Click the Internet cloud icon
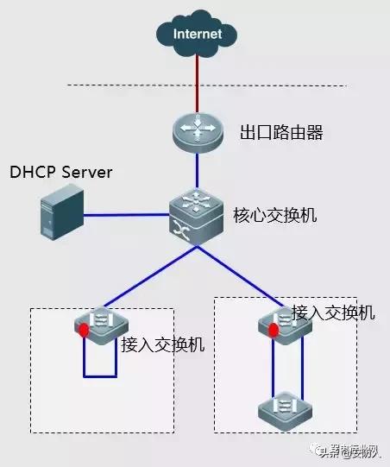(x=198, y=35)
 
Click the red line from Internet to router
(x=198, y=82)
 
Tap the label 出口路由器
(x=274, y=134)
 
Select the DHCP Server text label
(x=60, y=173)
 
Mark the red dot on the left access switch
(x=84, y=331)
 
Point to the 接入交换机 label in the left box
(x=163, y=345)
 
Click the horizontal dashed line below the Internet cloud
(x=207, y=85)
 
